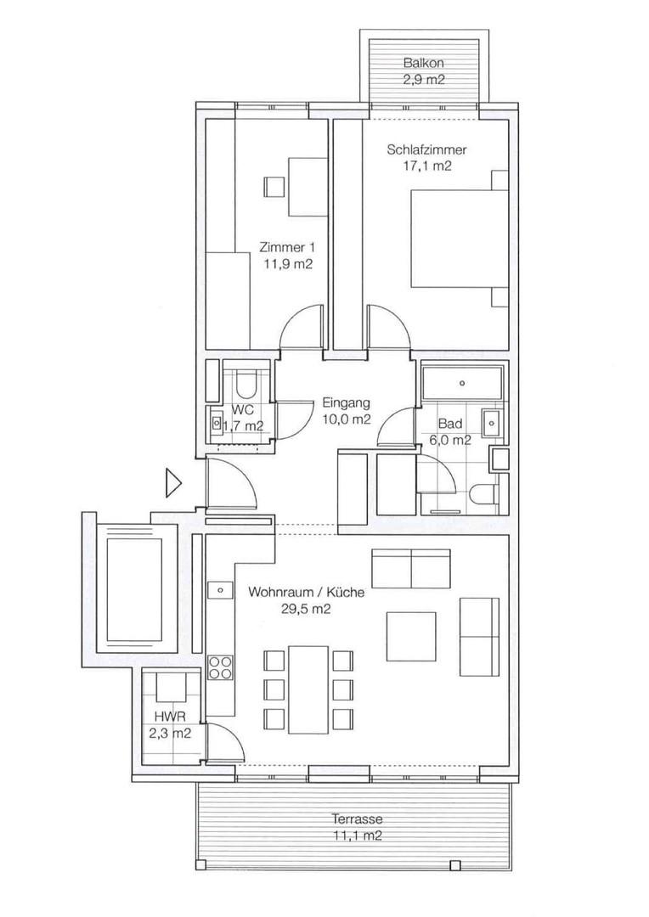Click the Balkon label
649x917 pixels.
coord(423,64)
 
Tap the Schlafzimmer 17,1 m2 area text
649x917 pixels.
coord(426,166)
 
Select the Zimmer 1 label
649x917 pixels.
coord(287,248)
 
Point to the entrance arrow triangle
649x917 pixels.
coord(173,483)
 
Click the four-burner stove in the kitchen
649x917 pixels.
coord(220,667)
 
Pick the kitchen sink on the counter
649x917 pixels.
coord(219,588)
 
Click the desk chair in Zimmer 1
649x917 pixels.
coord(274,186)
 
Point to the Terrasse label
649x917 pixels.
coord(358,819)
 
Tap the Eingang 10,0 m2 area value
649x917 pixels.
coord(345,419)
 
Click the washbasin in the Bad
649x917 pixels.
coord(490,420)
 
